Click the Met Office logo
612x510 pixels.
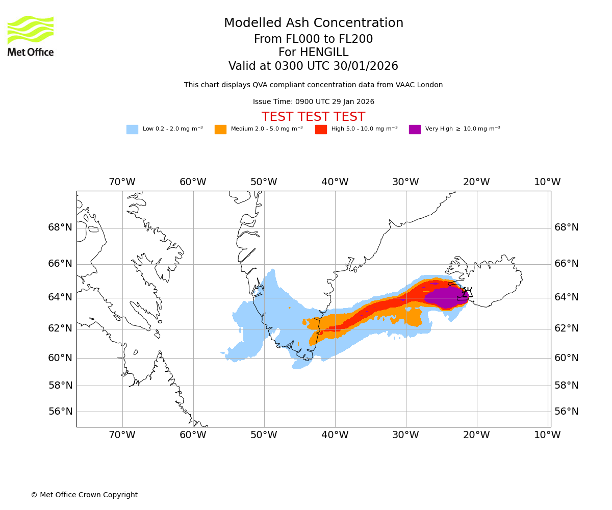pyautogui.click(x=31, y=36)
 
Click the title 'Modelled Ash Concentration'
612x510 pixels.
pyautogui.click(x=313, y=23)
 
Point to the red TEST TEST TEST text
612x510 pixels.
pyautogui.click(x=313, y=117)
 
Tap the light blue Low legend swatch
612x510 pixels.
pyautogui.click(x=132, y=130)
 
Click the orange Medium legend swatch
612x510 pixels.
pyautogui.click(x=220, y=130)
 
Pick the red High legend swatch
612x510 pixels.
pyautogui.click(x=321, y=130)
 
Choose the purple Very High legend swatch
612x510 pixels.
pyautogui.click(x=415, y=130)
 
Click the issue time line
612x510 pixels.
pyautogui.click(x=313, y=102)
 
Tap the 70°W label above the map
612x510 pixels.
pyautogui.click(x=122, y=182)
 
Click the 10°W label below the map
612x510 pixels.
pyautogui.click(x=547, y=435)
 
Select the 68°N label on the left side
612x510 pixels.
pyautogui.click(x=60, y=227)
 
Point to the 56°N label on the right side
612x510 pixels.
pyautogui.click(x=567, y=412)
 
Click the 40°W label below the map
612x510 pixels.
pyautogui.click(x=335, y=435)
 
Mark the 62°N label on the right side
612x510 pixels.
pyautogui.click(x=567, y=328)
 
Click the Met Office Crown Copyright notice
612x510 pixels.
pyautogui.click(x=84, y=495)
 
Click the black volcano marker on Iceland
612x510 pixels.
pyautogui.click(x=465, y=294)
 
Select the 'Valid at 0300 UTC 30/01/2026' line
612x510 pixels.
pyautogui.click(x=313, y=66)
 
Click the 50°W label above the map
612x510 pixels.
pyautogui.click(x=264, y=182)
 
